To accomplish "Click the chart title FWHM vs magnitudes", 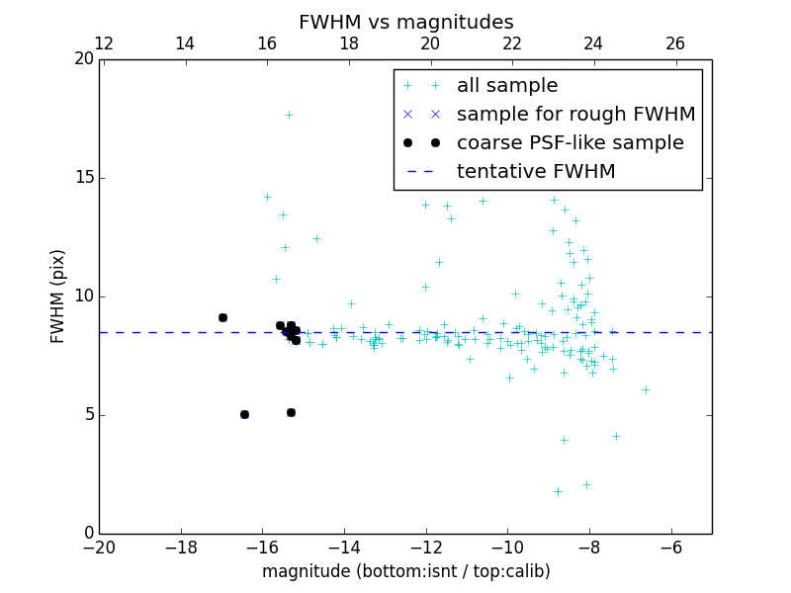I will pos(405,22).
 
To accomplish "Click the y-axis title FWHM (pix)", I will pos(58,296).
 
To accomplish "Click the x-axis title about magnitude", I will pos(405,571).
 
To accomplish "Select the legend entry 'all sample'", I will pos(506,86).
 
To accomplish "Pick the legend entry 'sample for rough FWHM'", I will pos(575,115).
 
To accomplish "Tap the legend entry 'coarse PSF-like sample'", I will pos(570,143).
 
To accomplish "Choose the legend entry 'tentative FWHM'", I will pos(536,172).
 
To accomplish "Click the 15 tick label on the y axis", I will pos(83,178).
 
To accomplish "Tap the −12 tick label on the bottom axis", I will pos(425,547).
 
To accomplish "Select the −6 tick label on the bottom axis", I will pos(670,547).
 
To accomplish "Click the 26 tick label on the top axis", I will pos(675,43).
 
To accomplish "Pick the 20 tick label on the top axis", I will pos(430,43).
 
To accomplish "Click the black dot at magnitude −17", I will pos(222,317).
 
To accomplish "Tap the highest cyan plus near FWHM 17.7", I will pos(289,115).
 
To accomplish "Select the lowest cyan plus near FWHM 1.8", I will pos(558,491).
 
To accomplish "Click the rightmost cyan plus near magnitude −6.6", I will pos(646,389).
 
